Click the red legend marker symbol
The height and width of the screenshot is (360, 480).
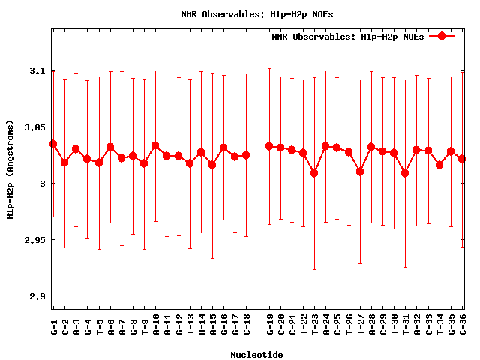click(x=442, y=36)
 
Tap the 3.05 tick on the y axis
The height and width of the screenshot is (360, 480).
click(x=34, y=127)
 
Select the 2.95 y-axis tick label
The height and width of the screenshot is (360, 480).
click(x=34, y=240)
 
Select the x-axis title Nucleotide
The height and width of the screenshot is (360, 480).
click(x=256, y=355)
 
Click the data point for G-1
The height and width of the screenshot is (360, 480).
click(x=53, y=143)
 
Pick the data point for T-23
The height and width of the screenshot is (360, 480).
click(x=314, y=173)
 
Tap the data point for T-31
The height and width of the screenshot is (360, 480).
click(x=405, y=173)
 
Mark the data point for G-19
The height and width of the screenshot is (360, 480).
click(x=269, y=145)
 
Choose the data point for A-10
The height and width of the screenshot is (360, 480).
click(x=155, y=145)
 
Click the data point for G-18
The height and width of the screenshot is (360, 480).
click(x=246, y=155)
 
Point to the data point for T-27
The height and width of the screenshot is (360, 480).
click(x=360, y=172)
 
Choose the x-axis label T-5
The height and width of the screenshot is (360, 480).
click(x=99, y=326)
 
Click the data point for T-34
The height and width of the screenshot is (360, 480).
click(x=439, y=165)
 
